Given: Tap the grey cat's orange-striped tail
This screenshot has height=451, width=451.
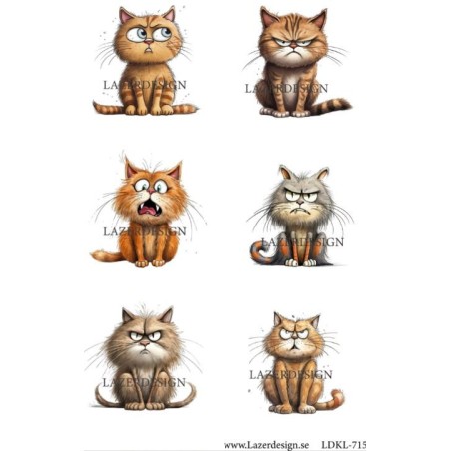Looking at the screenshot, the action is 261,253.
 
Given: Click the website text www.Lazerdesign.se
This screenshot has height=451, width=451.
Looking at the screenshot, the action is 266,445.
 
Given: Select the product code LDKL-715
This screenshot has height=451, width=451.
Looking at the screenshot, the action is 343,445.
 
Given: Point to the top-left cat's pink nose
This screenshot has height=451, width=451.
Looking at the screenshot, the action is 148,41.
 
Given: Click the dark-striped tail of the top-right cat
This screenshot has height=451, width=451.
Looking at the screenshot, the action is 331,106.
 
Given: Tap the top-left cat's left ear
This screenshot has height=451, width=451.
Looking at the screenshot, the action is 125,16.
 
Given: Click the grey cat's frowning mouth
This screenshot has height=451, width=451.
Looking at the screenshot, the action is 300,212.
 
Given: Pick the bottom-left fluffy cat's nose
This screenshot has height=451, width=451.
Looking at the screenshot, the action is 145,342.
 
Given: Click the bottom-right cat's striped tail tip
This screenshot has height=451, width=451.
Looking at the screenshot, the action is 337,397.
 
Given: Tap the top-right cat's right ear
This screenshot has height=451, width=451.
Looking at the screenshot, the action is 318,19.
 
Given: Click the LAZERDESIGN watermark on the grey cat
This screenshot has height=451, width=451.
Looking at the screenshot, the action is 302,242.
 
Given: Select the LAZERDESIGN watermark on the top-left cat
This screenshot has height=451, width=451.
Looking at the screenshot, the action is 145,85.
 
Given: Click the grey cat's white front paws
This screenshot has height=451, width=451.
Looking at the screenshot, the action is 301,263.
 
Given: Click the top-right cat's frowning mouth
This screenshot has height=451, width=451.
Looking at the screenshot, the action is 293,53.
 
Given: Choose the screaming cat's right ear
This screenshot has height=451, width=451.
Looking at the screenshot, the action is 175,171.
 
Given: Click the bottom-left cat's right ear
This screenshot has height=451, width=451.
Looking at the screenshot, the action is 167,315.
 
